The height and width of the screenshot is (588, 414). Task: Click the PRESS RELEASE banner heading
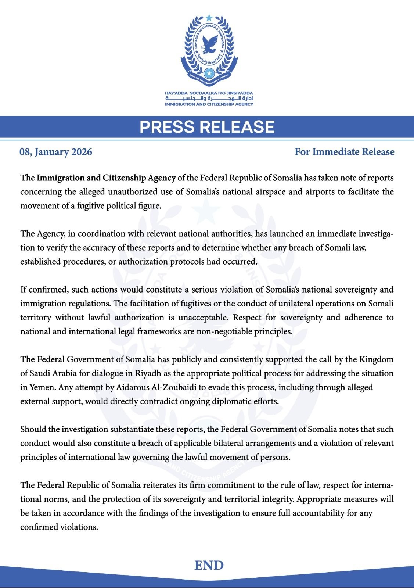click(207, 126)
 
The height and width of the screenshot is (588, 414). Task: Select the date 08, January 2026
click(56, 152)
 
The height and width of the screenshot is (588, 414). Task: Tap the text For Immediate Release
click(344, 152)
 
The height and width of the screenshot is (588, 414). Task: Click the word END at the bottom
click(209, 565)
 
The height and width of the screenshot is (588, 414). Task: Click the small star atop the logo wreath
click(209, 17)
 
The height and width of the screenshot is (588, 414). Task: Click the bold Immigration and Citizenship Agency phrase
click(106, 178)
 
